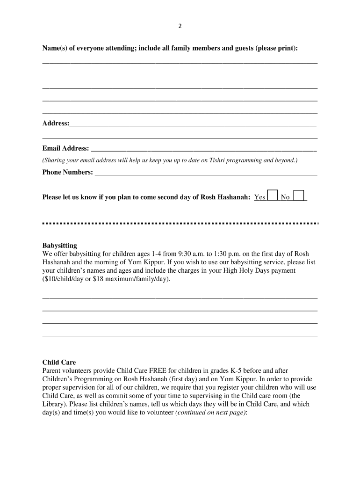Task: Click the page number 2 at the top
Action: pyautogui.click(x=180, y=26)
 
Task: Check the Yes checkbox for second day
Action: pyautogui.click(x=272, y=196)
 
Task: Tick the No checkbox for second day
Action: pyautogui.click(x=299, y=196)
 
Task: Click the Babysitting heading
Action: pyautogui.click(x=60, y=246)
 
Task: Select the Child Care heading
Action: pyautogui.click(x=59, y=362)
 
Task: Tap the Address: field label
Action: pyautogui.click(x=56, y=123)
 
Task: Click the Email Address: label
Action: pyautogui.click(x=66, y=148)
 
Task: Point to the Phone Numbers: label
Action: pyautogui.click(x=68, y=172)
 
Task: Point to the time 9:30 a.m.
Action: pyautogui.click(x=200, y=254)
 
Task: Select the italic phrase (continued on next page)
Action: pyautogui.click(x=211, y=413)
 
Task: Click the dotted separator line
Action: pyautogui.click(x=180, y=223)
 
